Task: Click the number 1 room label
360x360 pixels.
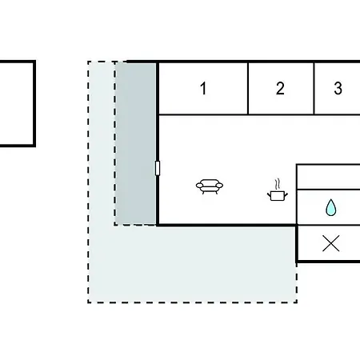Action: click(x=203, y=88)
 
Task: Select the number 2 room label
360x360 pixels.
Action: click(x=280, y=88)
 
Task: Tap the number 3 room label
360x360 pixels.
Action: click(x=338, y=88)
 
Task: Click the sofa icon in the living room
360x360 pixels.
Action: click(x=210, y=186)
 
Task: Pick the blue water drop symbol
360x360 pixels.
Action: click(x=330, y=207)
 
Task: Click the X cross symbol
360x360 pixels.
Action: click(x=331, y=243)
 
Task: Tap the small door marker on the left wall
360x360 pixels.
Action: click(x=158, y=168)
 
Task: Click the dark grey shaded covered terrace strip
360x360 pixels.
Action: click(x=136, y=144)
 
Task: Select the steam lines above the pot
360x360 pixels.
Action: click(x=278, y=184)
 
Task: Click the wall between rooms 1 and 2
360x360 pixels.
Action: click(x=248, y=89)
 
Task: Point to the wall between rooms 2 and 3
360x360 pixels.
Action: click(x=314, y=89)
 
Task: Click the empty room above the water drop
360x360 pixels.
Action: click(x=329, y=178)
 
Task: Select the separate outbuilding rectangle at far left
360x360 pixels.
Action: click(x=34, y=103)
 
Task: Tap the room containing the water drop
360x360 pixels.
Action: click(x=329, y=207)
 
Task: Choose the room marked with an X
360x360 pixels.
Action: click(x=329, y=243)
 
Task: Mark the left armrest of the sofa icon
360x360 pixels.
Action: click(x=199, y=186)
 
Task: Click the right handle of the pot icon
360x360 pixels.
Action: click(x=286, y=195)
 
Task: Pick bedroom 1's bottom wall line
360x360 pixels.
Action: click(x=203, y=114)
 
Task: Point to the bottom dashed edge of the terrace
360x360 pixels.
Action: click(x=192, y=302)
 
